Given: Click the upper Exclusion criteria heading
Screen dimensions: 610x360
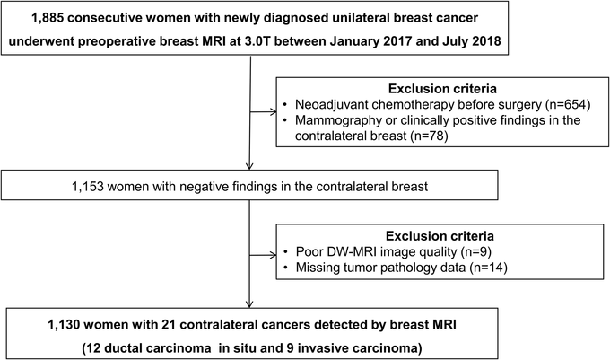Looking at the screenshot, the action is coord(442,89).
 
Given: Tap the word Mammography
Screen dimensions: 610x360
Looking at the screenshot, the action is coord(334,120).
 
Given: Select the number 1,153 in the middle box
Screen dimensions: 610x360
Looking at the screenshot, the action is coord(88,187).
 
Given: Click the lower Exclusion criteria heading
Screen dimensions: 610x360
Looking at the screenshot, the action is coord(440,236).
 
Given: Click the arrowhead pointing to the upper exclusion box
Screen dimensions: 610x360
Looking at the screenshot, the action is coord(274,112).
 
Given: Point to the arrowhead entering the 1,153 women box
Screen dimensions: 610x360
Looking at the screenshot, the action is coord(249,166).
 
